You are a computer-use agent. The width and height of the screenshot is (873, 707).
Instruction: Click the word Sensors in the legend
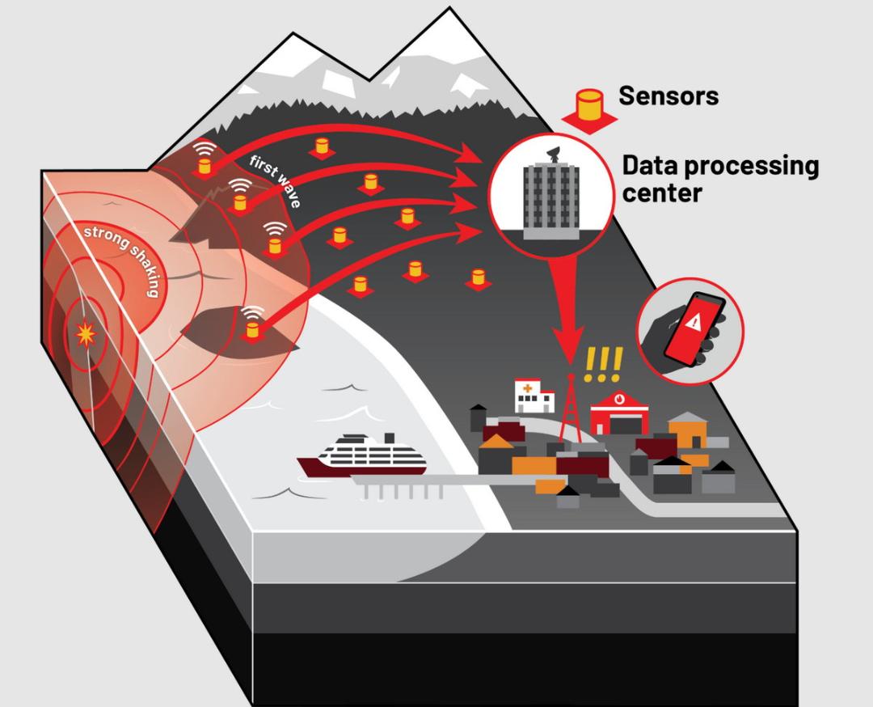668,95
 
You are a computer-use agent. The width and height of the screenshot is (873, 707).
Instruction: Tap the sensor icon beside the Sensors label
589,110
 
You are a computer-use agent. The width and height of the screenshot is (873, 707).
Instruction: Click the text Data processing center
720,179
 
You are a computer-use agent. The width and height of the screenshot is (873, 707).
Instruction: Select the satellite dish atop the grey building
555,155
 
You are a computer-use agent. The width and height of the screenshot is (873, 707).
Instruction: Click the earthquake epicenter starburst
86,334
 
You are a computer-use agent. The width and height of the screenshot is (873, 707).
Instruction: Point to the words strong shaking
121,260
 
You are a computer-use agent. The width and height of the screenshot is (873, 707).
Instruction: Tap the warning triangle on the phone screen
694,321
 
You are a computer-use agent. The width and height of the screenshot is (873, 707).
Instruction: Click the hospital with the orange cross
534,396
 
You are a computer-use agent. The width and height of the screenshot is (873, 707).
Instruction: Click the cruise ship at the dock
362,455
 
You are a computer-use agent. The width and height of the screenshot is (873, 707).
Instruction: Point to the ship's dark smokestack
390,438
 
